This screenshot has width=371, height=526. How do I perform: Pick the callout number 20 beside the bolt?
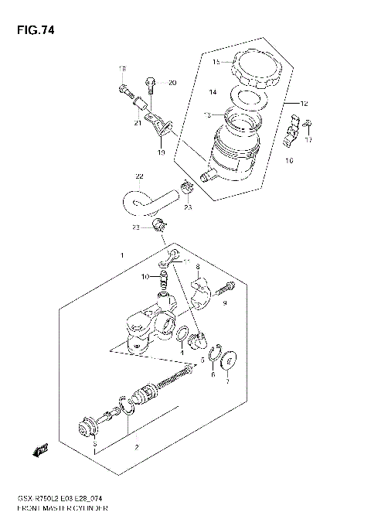[172, 83]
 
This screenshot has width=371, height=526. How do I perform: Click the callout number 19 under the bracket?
[162, 153]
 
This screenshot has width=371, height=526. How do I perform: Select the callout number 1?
[121, 254]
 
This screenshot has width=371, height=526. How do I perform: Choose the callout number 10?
[144, 276]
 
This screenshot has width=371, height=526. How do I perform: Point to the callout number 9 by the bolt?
[226, 303]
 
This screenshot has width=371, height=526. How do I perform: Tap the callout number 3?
[94, 446]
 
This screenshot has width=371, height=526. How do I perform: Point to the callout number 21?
[136, 123]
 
